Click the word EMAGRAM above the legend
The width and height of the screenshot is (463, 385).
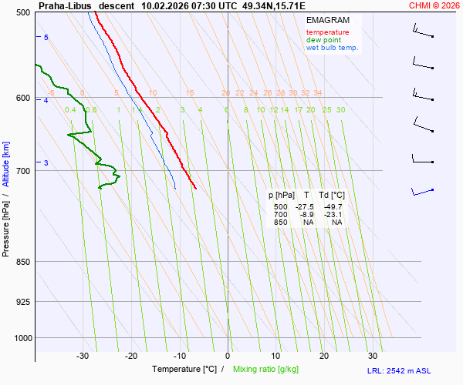(x=327, y=20)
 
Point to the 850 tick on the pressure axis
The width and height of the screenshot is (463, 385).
(x=24, y=262)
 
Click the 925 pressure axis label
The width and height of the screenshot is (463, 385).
(x=24, y=301)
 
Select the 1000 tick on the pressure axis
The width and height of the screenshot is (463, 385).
(x=22, y=337)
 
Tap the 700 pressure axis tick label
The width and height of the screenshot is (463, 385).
(x=24, y=170)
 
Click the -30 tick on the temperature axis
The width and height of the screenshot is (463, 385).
(x=83, y=356)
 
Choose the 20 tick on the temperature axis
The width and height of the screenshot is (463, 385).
(x=324, y=356)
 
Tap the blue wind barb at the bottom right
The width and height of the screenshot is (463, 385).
(x=422, y=190)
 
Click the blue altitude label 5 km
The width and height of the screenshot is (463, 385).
(x=46, y=38)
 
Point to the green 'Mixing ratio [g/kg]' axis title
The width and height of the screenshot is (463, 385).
(x=270, y=370)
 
